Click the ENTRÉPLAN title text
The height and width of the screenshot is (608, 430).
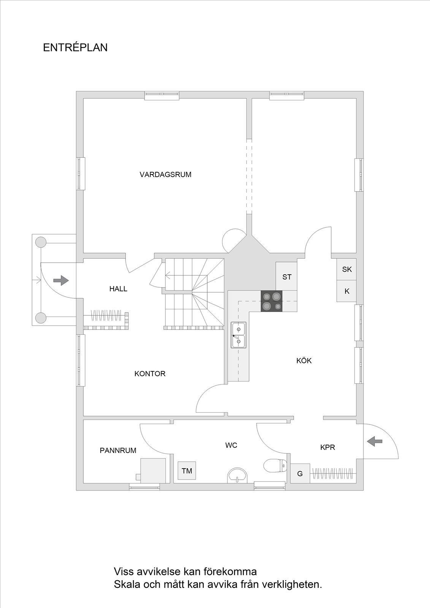point(75,47)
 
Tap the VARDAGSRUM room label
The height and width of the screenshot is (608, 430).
point(165,174)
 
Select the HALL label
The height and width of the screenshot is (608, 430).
point(118,289)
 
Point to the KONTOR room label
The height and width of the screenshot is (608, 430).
point(150,374)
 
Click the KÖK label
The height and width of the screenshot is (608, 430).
point(304,361)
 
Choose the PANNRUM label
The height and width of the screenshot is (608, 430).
point(118,451)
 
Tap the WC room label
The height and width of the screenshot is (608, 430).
point(231,445)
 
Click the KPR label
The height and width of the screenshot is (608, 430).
point(328,447)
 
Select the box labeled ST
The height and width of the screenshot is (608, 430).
point(287,276)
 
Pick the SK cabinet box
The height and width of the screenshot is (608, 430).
point(347,269)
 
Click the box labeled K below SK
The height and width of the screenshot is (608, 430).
point(347,291)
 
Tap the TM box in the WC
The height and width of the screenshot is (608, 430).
point(187,471)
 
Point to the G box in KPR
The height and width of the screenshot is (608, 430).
point(300,473)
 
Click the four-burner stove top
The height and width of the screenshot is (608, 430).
point(271,301)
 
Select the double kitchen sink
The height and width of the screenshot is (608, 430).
point(238,335)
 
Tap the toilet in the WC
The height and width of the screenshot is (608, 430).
point(275,466)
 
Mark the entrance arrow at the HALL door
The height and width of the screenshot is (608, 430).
point(61,280)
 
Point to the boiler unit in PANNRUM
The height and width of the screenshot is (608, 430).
point(152,470)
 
